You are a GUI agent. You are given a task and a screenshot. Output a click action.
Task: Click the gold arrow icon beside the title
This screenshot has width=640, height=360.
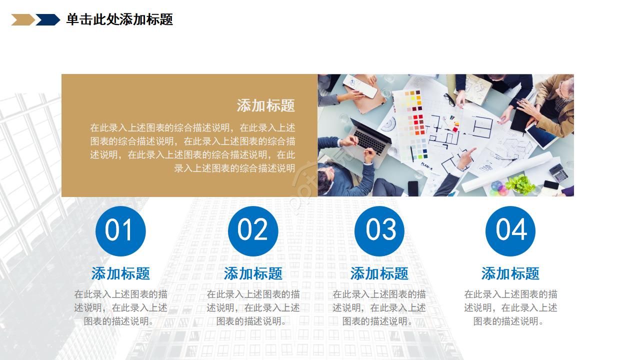pyautogui.click(x=23, y=19)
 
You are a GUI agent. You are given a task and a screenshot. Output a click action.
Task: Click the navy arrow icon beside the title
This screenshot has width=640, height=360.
pyautogui.click(x=47, y=19)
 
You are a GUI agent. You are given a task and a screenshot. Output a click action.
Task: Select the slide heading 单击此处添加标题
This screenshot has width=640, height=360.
pyautogui.click(x=119, y=19)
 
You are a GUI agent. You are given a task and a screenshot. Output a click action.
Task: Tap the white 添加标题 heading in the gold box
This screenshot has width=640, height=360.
pyautogui.click(x=265, y=105)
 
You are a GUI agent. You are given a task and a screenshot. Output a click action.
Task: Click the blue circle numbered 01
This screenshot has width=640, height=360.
pyautogui.click(x=120, y=231)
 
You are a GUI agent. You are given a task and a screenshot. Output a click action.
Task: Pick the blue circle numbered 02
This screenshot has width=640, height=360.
pyautogui.click(x=253, y=231)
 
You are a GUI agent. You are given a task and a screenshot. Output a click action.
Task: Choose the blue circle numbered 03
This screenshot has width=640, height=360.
pyautogui.click(x=379, y=231)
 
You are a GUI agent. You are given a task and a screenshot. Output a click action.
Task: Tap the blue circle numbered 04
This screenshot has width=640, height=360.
pyautogui.click(x=510, y=231)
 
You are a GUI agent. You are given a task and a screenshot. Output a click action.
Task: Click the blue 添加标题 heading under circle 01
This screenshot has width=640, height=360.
pyautogui.click(x=120, y=273)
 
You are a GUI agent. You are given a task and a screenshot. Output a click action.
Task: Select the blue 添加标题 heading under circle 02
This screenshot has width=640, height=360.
pyautogui.click(x=253, y=273)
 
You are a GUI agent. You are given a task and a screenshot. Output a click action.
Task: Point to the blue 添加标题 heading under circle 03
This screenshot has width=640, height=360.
pyautogui.click(x=379, y=273)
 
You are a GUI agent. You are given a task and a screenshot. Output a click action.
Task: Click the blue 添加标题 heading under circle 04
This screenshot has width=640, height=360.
pyautogui.click(x=510, y=273)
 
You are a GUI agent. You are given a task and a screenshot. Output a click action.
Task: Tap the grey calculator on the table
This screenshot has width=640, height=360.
pyautogui.click(x=559, y=173)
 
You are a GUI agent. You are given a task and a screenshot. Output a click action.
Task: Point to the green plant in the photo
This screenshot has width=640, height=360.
pyautogui.click(x=519, y=184)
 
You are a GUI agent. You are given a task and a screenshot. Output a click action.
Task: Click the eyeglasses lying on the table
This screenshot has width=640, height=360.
pyautogui.click(x=449, y=99)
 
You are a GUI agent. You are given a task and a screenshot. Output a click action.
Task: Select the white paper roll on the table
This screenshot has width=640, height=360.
pyautogui.click(x=507, y=172)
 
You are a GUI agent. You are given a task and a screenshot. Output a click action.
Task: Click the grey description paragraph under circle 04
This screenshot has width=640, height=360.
pyautogui.click(x=510, y=307)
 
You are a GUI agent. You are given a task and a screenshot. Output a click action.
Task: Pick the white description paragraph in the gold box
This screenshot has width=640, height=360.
pyautogui.click(x=192, y=147)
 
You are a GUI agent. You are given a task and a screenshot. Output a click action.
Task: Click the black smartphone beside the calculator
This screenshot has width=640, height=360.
pyautogui.click(x=550, y=184)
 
